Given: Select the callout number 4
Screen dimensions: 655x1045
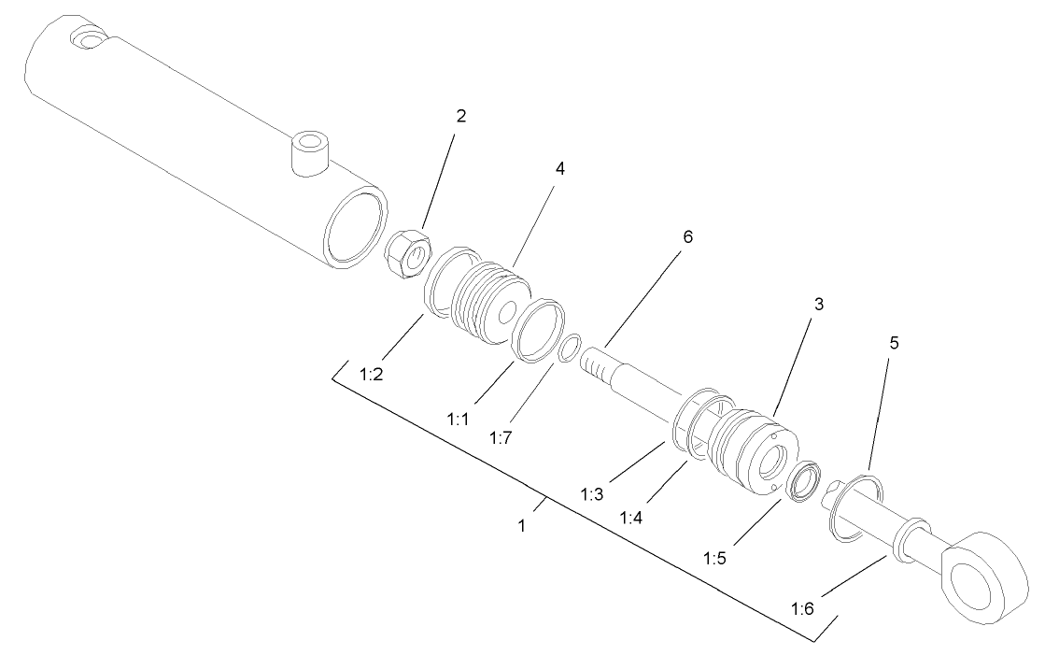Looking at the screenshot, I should (x=560, y=168).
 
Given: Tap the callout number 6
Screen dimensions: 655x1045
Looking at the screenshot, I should (x=687, y=237).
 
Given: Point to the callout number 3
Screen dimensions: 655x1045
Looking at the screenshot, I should (x=818, y=305).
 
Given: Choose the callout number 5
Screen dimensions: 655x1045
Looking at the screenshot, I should (x=893, y=343).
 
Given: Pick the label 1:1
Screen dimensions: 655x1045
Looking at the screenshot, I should (x=459, y=420).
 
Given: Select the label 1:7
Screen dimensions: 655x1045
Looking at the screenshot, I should (x=501, y=435).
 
